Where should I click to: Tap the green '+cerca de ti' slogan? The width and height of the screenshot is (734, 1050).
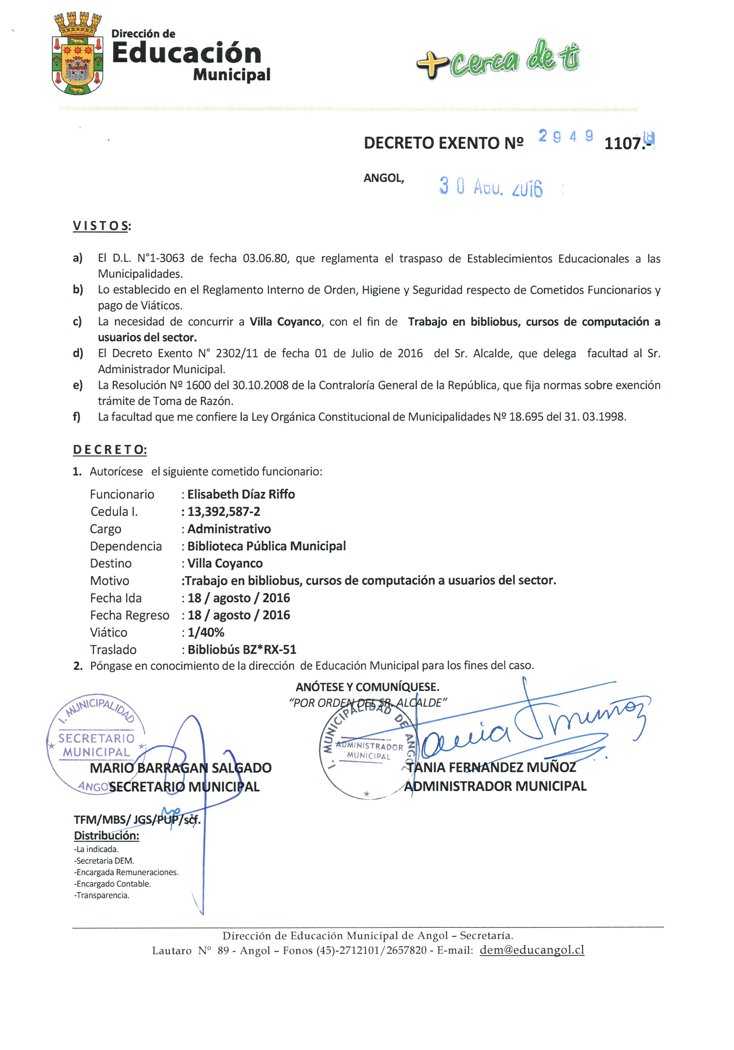pos(498,59)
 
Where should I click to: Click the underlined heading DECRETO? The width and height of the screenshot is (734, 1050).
pos(110,450)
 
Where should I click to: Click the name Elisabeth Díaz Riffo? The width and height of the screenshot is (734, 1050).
pos(241,494)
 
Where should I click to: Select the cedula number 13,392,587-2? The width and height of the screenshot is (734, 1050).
pos(224,512)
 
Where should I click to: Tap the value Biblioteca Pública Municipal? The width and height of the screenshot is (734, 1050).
pos(266,546)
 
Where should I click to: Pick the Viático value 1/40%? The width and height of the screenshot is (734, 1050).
pos(206,633)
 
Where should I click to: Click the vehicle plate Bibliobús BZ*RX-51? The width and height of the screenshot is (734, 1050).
pos(242,649)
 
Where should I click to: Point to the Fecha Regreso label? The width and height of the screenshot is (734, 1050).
pos(129,615)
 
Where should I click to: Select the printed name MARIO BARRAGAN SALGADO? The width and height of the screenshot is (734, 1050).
pos(180,768)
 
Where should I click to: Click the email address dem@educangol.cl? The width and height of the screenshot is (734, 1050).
pos(531,950)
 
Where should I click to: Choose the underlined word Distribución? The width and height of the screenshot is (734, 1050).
pos(106,836)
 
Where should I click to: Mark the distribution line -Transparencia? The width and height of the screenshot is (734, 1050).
pos(102,895)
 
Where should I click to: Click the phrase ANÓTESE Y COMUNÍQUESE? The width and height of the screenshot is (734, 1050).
pos(367,687)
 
